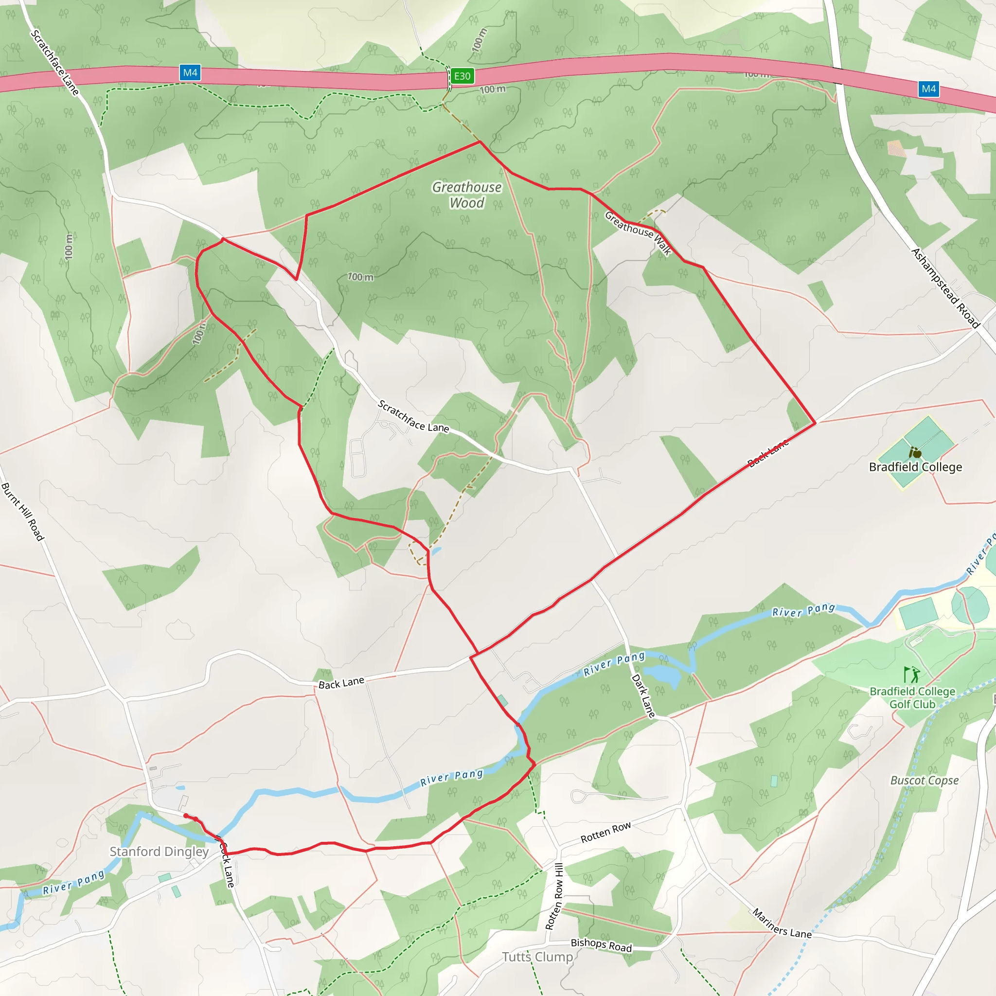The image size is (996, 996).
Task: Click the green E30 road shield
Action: coord(462,76)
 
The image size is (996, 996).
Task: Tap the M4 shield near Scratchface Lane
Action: coord(190,72)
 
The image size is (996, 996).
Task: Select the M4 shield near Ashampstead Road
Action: coord(928,89)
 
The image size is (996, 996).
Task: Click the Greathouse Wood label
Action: coord(466,195)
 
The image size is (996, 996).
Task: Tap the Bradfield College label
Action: coord(915,467)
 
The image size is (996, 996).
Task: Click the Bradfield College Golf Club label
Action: coord(912,697)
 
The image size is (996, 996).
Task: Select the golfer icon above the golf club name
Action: coord(911,675)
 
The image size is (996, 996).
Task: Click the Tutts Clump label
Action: coord(537,957)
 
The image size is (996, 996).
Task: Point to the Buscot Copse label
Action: coord(925,781)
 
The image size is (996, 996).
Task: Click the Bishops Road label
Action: coord(601,945)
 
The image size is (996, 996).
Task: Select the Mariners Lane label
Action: coord(782,924)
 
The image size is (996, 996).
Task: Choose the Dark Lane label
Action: coord(643,696)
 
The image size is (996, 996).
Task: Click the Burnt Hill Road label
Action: coord(23,512)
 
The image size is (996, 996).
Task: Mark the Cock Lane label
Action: coord(227,864)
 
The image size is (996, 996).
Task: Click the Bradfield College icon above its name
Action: coord(915,453)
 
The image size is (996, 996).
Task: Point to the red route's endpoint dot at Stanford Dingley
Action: coord(186,816)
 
